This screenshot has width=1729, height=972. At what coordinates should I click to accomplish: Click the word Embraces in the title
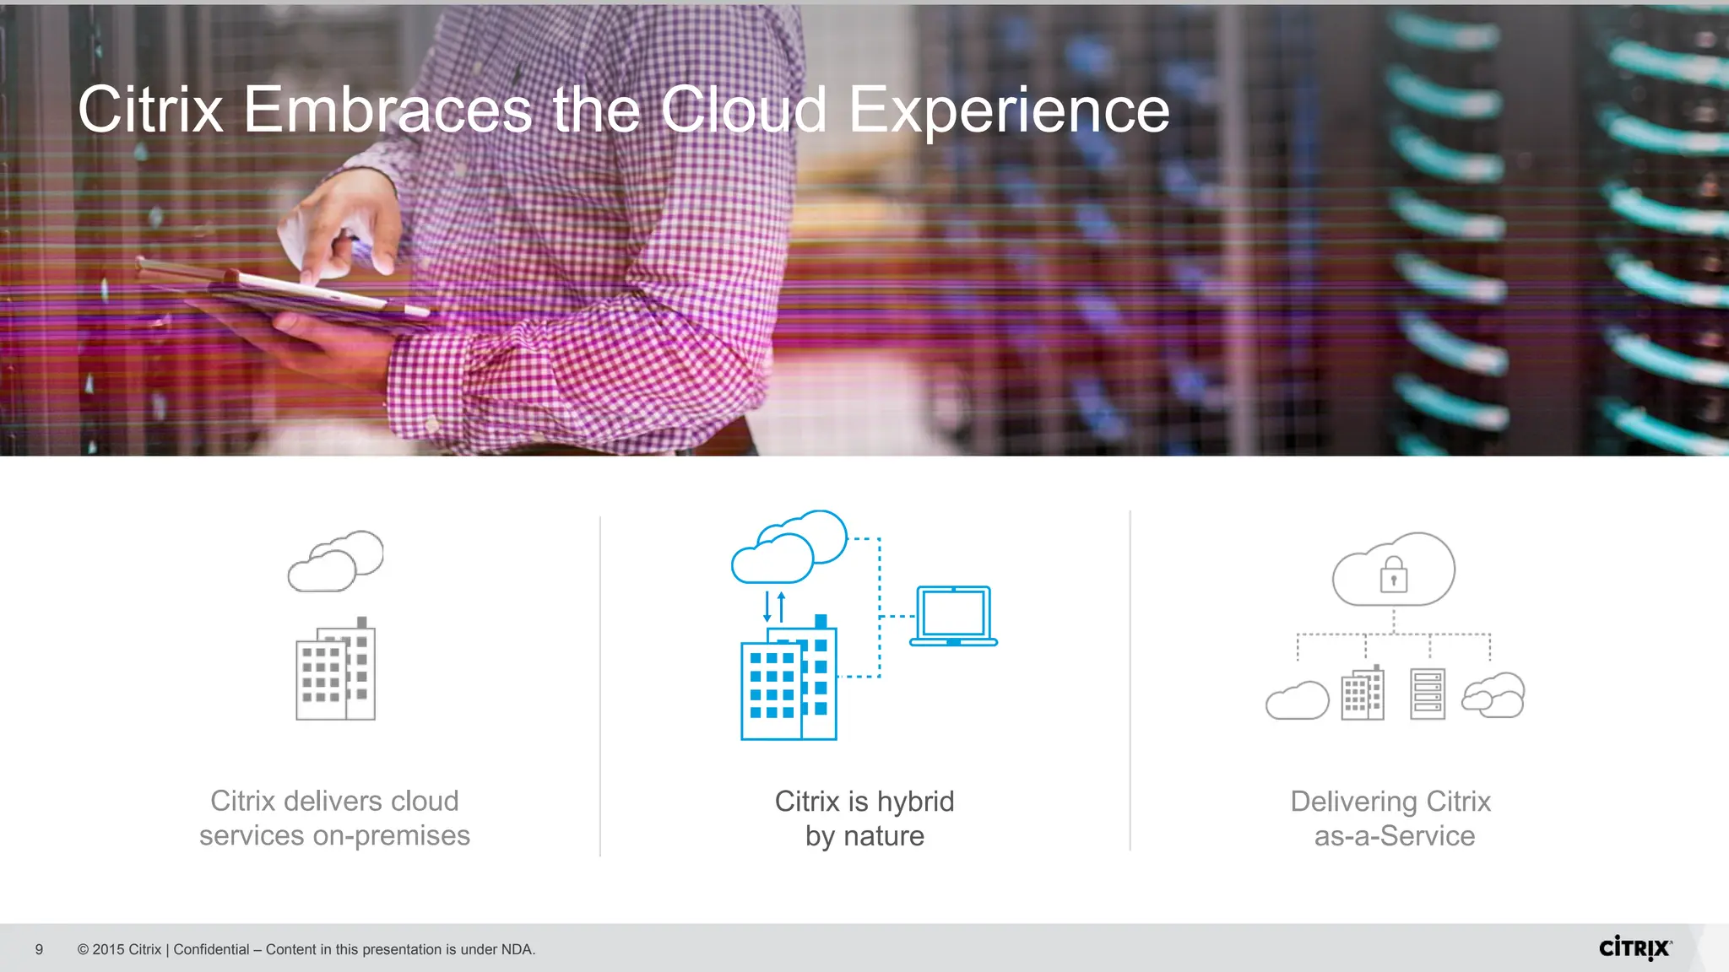[x=388, y=110]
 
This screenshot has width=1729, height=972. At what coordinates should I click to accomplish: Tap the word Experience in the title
[x=1009, y=111]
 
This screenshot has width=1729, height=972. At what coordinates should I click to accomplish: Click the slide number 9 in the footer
[x=39, y=949]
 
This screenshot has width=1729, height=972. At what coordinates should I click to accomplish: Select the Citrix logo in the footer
[x=1634, y=948]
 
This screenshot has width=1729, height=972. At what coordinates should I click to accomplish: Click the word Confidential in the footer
[x=211, y=949]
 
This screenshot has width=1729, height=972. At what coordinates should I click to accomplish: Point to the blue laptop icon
[x=953, y=616]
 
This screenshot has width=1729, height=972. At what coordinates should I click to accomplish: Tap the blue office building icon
[x=789, y=682]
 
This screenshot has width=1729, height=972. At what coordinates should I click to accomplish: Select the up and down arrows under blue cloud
[x=774, y=607]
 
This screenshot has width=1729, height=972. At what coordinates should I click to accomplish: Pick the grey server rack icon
[x=1428, y=694]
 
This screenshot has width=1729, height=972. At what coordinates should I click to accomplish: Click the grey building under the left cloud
[x=335, y=671]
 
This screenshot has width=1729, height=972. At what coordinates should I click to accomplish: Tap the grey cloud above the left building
[x=335, y=561]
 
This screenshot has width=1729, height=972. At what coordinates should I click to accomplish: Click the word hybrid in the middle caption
[x=915, y=802]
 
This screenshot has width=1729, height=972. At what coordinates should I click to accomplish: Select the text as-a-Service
[x=1394, y=836]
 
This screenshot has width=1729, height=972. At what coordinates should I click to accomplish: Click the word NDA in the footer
[x=516, y=949]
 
